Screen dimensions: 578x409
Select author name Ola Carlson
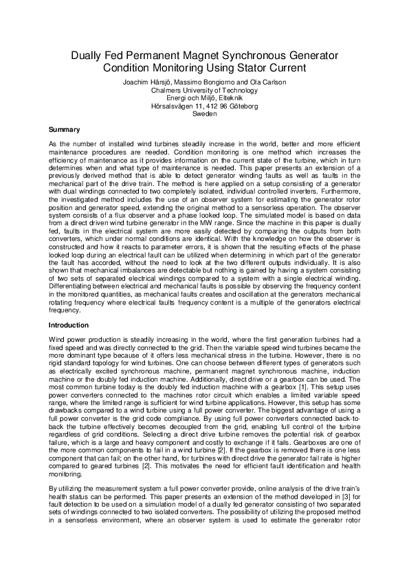[267, 82]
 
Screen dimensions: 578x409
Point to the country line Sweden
[205, 115]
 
